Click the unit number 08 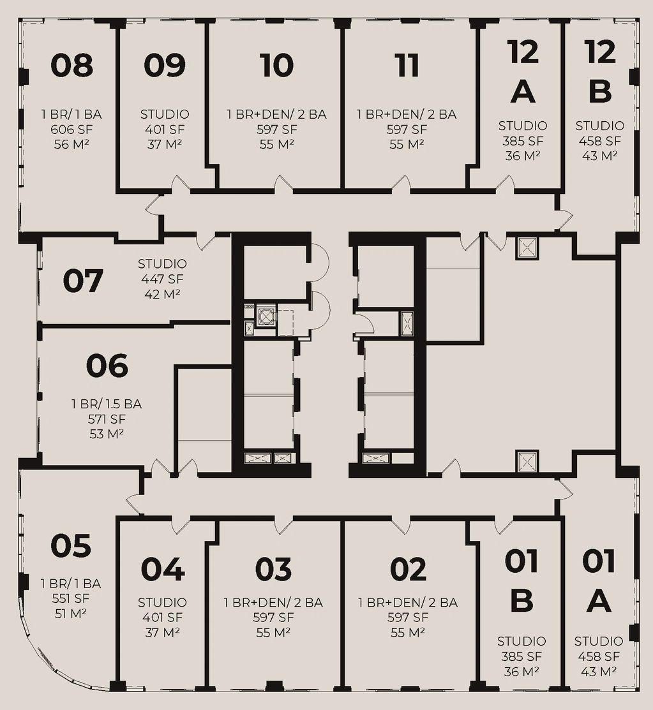[x=71, y=65]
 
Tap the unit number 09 [x=165, y=65]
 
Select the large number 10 [x=276, y=65]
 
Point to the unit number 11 [x=407, y=65]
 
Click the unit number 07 [x=83, y=281]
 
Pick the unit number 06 [x=107, y=366]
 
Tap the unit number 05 [x=71, y=545]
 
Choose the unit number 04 [x=163, y=569]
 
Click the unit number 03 [x=273, y=569]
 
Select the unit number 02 [x=408, y=569]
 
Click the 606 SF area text [x=71, y=129]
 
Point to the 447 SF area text [x=161, y=279]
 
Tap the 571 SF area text [x=107, y=419]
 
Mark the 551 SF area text [x=71, y=598]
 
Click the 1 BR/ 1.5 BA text [x=107, y=404]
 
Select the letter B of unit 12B [x=600, y=91]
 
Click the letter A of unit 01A [x=599, y=601]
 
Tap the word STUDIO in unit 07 [x=162, y=263]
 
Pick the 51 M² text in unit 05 [x=71, y=614]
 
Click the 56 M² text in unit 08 [x=71, y=144]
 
